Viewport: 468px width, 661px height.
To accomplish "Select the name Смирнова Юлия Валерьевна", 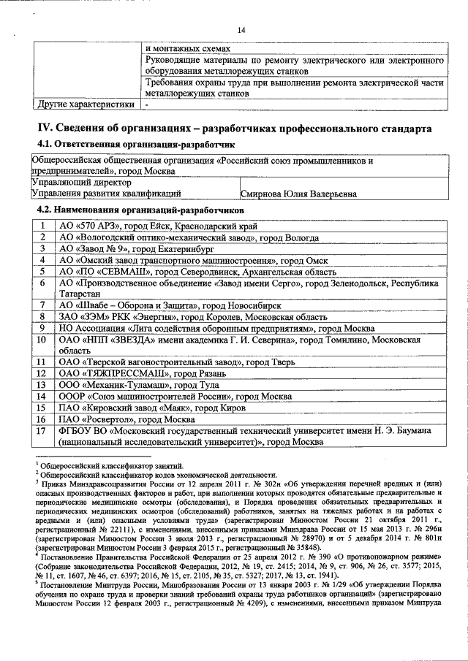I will point(298,194).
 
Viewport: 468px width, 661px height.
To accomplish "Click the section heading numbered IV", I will point(235,129).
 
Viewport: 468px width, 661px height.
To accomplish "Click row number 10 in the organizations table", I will point(42,340).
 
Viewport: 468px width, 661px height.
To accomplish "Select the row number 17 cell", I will point(42,432).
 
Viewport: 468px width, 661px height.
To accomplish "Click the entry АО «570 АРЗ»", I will point(90,226).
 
